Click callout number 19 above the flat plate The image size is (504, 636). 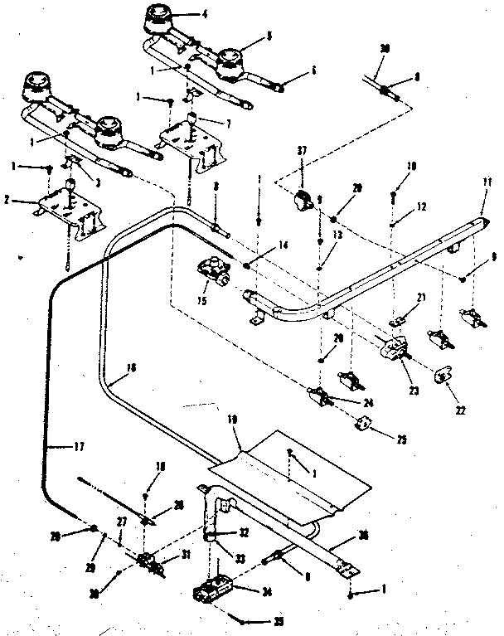pyautogui.click(x=235, y=420)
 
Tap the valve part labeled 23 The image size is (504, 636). pyautogui.click(x=392, y=347)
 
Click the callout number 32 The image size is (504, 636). pyautogui.click(x=244, y=534)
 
